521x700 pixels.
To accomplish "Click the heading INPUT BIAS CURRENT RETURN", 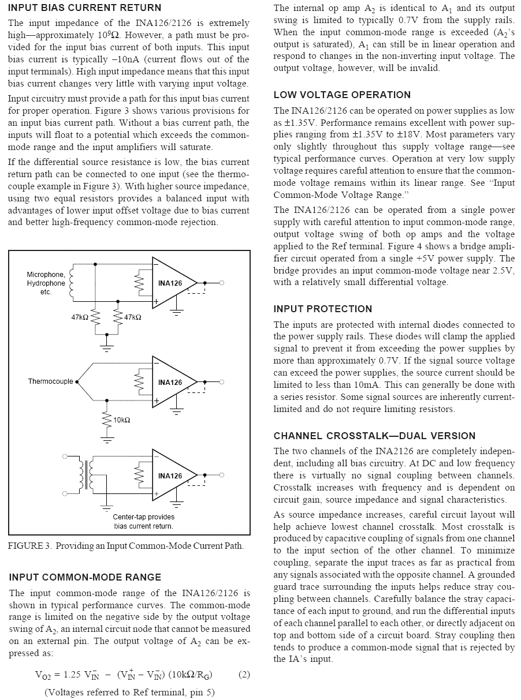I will tap(85, 8).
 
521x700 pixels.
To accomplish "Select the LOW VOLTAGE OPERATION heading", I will tap(342, 95).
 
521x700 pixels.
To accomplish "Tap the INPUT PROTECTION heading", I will tap(323, 309).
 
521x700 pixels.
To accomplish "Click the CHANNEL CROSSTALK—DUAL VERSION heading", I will tap(374, 436).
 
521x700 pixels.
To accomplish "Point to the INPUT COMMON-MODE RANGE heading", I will tap(85, 577).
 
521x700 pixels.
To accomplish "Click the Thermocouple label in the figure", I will tap(51, 381).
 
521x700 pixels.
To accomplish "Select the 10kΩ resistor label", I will tap(122, 420).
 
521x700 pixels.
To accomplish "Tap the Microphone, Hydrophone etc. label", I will tap(46, 283).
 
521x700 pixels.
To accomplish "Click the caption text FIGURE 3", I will tap(29, 546).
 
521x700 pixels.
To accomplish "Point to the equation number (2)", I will tap(244, 674).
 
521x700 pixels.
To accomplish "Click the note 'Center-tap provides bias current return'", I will tap(143, 522).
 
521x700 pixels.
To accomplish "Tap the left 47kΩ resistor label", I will tap(80, 317).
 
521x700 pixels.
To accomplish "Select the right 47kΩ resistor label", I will tap(132, 317).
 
